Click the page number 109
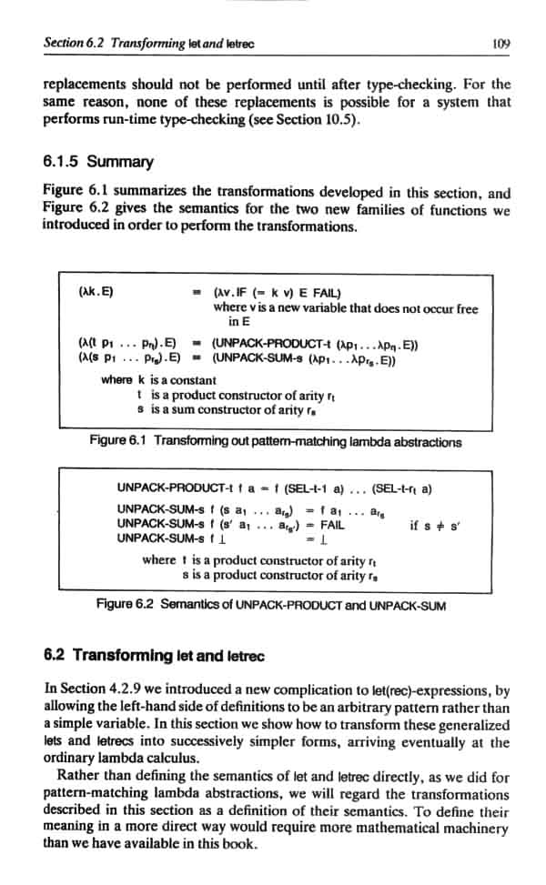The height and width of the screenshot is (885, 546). [499, 42]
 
